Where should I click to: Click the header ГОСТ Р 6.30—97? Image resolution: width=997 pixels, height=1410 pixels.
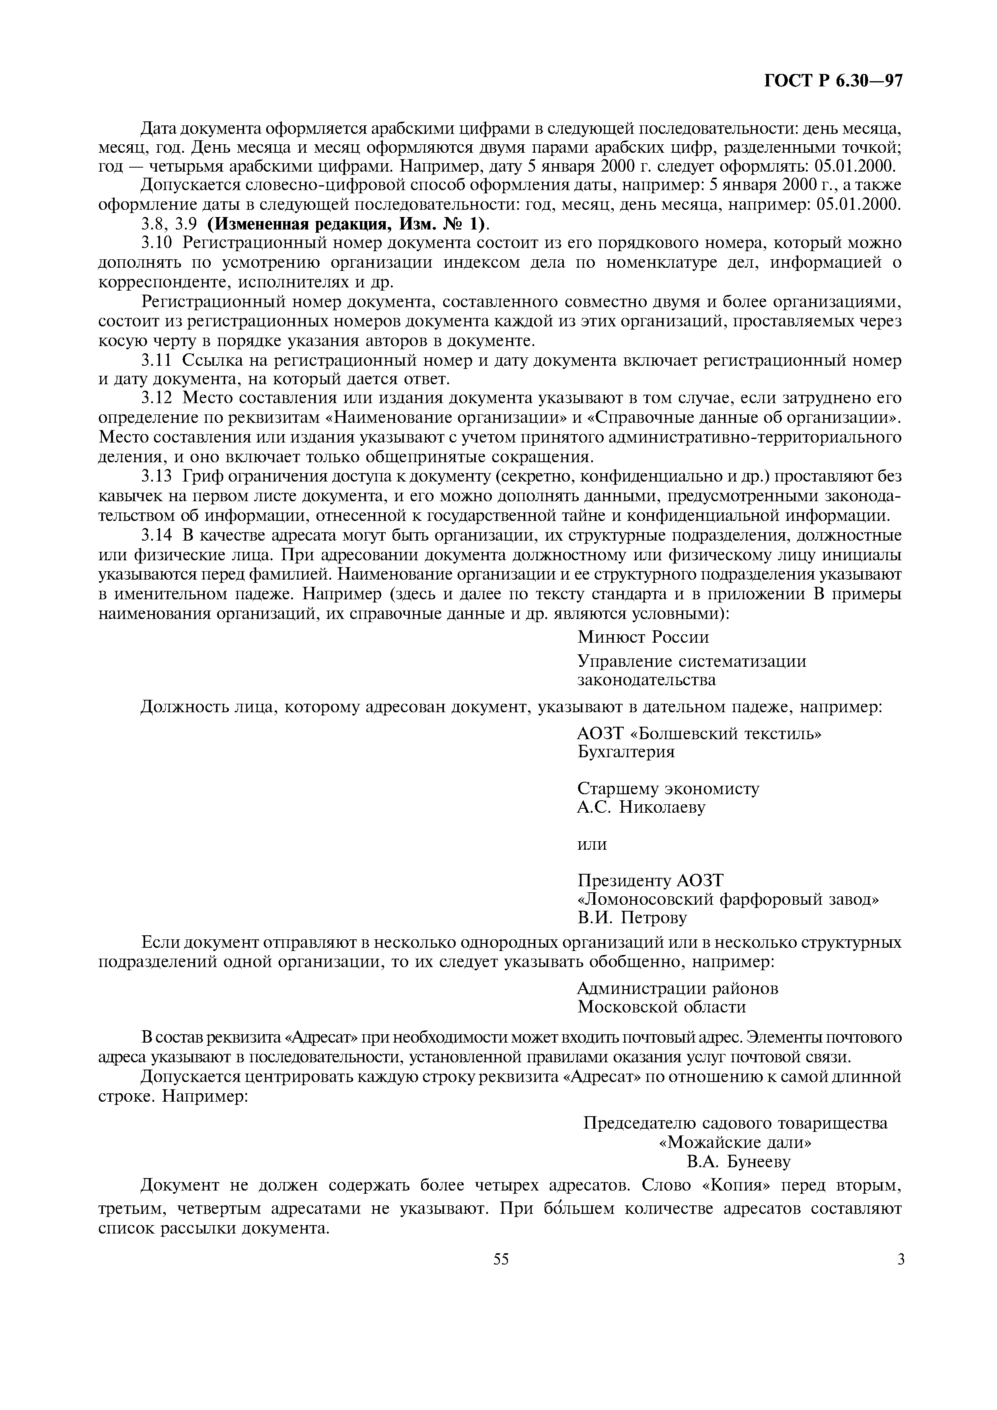pyautogui.click(x=833, y=82)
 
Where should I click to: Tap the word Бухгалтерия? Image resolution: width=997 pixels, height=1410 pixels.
pyautogui.click(x=626, y=752)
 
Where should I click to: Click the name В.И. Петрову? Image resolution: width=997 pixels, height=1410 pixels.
pyautogui.click(x=632, y=918)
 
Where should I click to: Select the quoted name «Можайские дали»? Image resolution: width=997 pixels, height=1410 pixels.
pyautogui.click(x=735, y=1142)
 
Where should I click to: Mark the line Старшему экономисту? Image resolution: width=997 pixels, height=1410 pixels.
pyautogui.click(x=668, y=789)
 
